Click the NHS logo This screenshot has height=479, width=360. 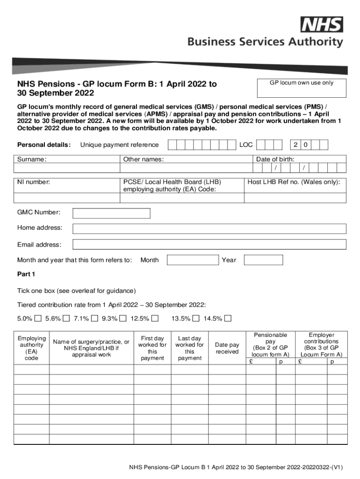(322, 24)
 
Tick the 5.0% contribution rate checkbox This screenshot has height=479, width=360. (38, 319)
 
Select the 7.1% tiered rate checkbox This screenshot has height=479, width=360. (94, 319)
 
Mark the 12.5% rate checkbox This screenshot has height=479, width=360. (156, 319)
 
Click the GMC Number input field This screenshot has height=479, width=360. (111, 213)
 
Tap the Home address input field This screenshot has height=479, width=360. (209, 228)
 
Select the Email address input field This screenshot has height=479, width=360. (209, 245)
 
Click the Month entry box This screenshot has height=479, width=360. (193, 260)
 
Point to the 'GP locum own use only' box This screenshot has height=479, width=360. (302, 88)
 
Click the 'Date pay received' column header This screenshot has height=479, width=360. (227, 348)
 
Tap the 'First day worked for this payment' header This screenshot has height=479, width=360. (152, 348)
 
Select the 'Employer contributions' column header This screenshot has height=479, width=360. (322, 345)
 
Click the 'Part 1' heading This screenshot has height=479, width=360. (26, 274)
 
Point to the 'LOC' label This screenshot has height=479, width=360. (246, 145)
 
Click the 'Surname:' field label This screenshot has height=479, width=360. (32, 160)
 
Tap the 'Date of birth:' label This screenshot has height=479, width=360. (275, 160)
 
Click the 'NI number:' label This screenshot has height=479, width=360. (34, 182)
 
